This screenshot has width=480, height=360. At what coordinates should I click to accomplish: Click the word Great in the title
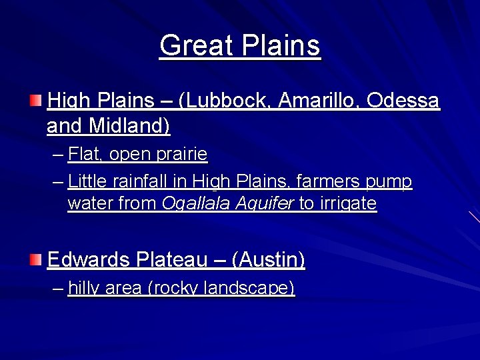(x=195, y=46)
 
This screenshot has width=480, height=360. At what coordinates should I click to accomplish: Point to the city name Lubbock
(x=231, y=101)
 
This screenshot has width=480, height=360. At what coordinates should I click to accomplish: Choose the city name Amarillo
(x=320, y=101)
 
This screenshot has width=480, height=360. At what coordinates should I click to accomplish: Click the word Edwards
(x=88, y=259)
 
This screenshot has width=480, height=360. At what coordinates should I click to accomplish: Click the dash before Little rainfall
(x=58, y=181)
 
